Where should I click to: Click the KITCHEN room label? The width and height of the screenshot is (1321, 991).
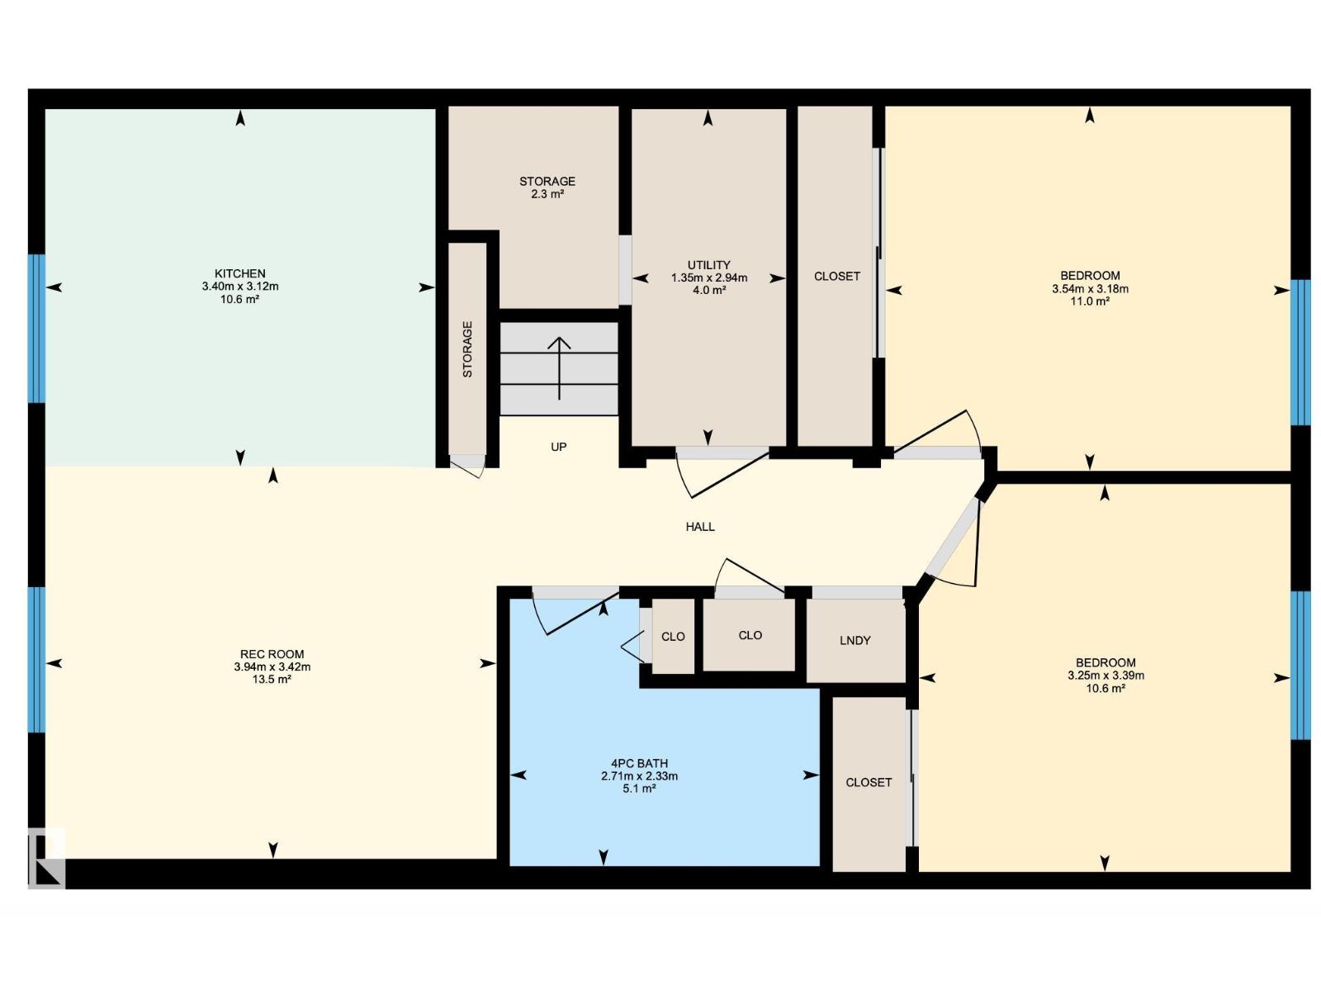239,273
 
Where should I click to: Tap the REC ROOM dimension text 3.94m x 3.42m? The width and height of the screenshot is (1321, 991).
272,667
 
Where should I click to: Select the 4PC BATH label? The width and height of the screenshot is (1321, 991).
639,763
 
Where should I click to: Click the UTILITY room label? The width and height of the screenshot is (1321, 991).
708,265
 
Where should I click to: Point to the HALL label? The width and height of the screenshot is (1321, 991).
699,527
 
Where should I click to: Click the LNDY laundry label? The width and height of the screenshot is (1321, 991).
855,641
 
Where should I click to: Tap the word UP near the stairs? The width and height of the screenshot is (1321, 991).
558,447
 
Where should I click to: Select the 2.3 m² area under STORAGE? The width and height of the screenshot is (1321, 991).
547,195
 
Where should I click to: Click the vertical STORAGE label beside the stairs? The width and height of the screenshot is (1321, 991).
467,349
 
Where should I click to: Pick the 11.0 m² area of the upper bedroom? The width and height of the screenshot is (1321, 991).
1089,301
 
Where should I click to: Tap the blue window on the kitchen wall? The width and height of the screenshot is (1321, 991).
36,328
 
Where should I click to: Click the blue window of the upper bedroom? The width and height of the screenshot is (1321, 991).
1300,352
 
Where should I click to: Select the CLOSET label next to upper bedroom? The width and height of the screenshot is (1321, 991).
836,277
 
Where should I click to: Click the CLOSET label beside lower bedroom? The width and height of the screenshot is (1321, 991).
868,782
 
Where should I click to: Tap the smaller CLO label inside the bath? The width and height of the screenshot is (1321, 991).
673,637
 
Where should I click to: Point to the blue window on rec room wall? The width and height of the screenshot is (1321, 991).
36,659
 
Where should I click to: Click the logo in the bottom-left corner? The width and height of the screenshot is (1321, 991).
46,857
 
